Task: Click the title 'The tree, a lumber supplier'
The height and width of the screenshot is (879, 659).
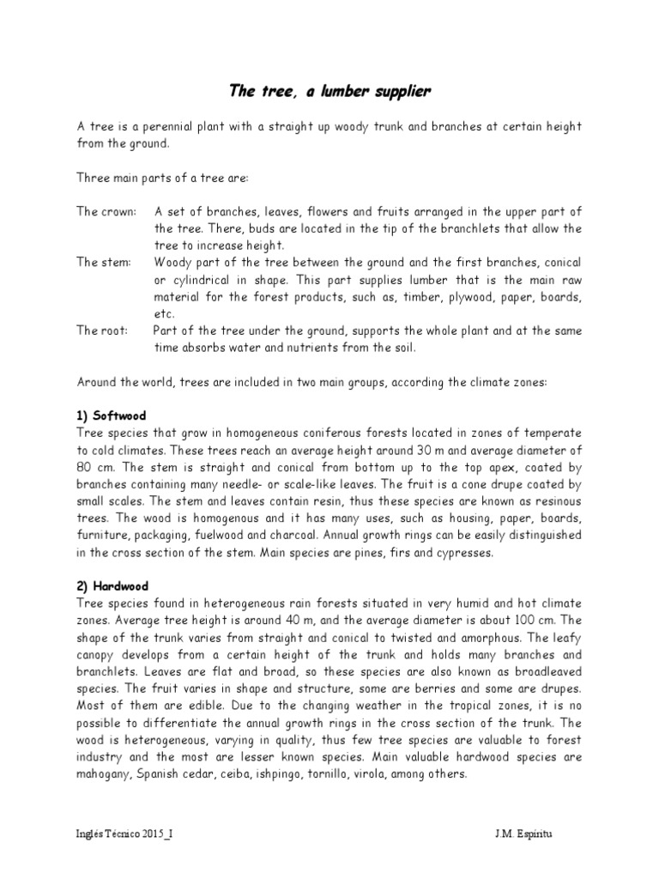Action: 329,90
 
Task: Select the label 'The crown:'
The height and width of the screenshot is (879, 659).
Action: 106,211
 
